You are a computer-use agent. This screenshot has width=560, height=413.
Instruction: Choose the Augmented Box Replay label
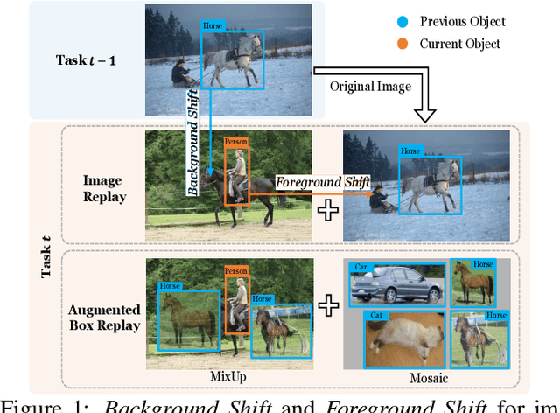tap(104, 318)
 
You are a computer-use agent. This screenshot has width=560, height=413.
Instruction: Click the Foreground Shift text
tap(323, 181)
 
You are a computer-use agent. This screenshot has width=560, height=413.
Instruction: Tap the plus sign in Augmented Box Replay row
tap(328, 305)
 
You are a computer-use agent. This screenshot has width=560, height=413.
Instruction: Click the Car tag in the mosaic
tap(358, 267)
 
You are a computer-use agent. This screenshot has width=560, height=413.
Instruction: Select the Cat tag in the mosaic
tap(376, 315)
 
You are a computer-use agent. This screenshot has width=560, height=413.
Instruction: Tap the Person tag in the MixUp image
tap(234, 271)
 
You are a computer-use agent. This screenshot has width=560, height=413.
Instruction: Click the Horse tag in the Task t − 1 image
tap(213, 27)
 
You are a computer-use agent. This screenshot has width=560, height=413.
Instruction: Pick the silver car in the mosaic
tap(395, 285)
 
